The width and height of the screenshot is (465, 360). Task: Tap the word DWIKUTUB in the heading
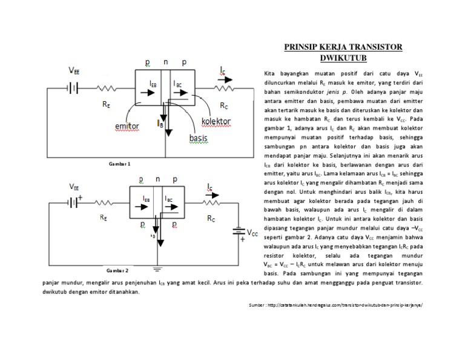(x=344, y=59)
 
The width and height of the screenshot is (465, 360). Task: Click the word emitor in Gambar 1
(x=127, y=126)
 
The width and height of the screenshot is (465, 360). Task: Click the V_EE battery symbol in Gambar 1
(x=72, y=87)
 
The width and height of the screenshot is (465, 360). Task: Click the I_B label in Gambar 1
(x=160, y=123)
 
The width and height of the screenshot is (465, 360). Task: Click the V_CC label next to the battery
(x=254, y=232)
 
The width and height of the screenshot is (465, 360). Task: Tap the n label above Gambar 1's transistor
(x=165, y=62)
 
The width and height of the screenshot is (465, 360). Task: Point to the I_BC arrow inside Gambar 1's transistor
(x=182, y=95)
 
